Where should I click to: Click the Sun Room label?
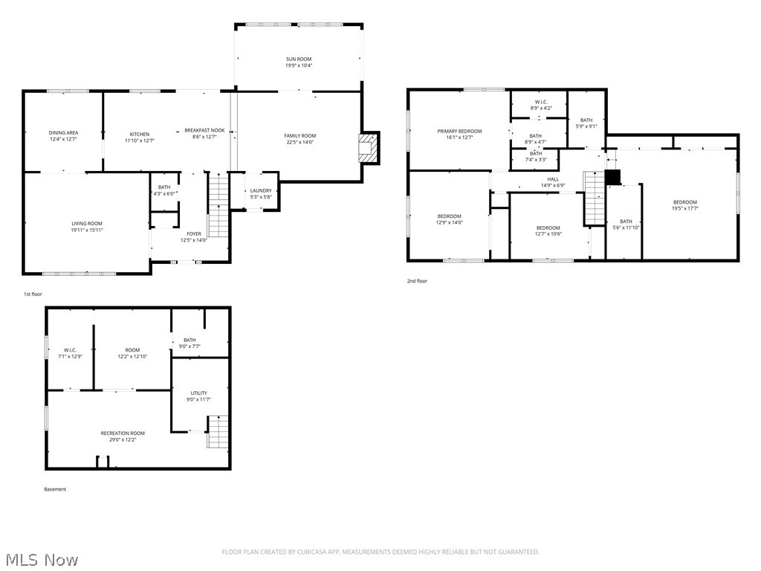[299, 59]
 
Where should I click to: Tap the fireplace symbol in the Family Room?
[368, 148]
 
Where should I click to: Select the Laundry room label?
[261, 190]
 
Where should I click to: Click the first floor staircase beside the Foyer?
[216, 204]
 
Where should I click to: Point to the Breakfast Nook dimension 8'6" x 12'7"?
[204, 137]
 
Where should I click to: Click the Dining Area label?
[64, 132]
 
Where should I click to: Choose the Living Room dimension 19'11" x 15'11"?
[87, 230]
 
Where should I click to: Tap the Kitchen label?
[140, 135]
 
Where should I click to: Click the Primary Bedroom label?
[459, 132]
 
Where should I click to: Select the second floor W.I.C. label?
[541, 102]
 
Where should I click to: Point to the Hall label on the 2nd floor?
[553, 179]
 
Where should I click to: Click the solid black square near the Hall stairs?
[612, 177]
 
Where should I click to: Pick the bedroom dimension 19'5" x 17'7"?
[685, 209]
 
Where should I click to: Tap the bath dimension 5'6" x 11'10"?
[626, 228]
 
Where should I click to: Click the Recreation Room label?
[123, 433]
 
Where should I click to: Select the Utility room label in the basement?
[198, 393]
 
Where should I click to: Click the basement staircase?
[217, 432]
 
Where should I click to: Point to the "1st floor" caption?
[33, 295]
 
